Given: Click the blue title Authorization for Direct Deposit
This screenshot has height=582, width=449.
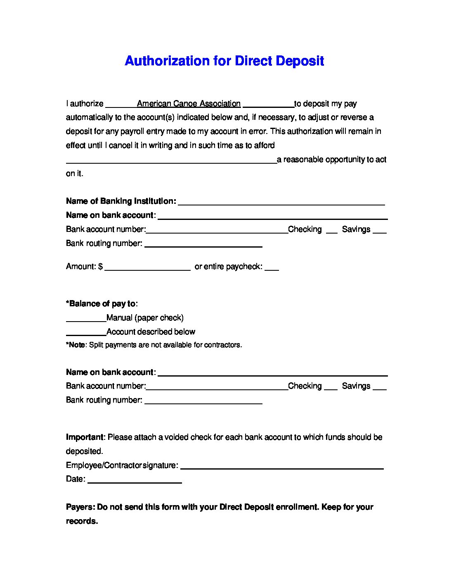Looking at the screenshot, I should [x=224, y=61].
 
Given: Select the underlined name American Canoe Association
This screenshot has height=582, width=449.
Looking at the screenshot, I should [x=189, y=104].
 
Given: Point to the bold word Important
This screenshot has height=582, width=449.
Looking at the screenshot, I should [x=85, y=437].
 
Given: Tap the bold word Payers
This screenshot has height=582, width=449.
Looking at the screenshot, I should [x=80, y=507].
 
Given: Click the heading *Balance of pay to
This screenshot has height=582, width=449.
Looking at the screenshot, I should [x=101, y=304].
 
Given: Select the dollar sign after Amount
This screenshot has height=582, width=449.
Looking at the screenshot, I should [x=100, y=267].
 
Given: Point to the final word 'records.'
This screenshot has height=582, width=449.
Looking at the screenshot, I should [x=82, y=521].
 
